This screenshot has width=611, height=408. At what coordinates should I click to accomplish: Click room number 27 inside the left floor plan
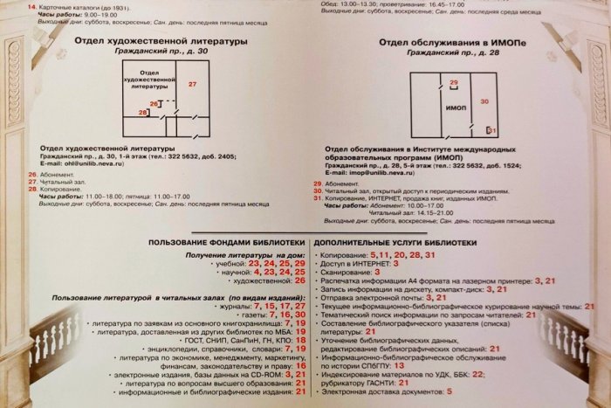point(193,83)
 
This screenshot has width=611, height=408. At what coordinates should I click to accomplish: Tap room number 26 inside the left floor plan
point(154,104)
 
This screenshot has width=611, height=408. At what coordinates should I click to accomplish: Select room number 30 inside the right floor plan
point(485,101)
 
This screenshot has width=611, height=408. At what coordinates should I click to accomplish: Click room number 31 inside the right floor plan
point(491,129)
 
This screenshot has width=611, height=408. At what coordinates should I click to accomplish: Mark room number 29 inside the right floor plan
point(453,82)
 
